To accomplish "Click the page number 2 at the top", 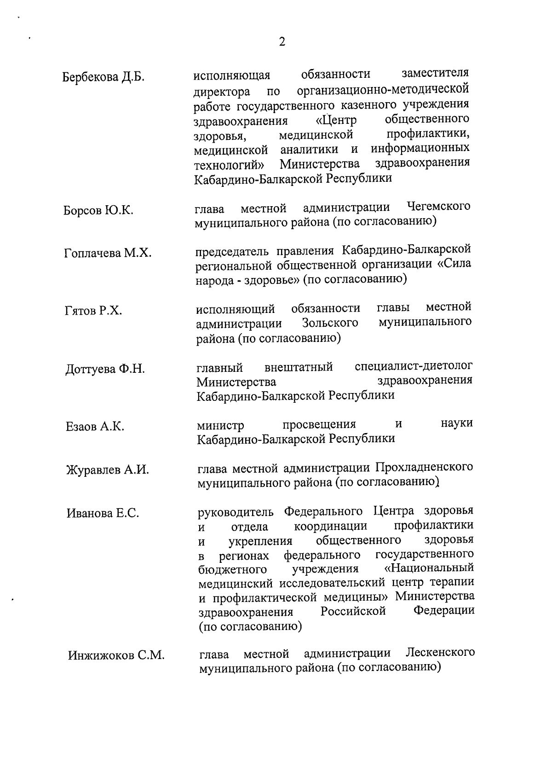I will (282, 42).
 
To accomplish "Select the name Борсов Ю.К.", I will (98, 210).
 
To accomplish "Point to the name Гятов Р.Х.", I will (93, 311).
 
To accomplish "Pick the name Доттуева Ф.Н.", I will (105, 369).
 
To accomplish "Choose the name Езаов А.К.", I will (95, 427).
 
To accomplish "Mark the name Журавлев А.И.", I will (108, 470).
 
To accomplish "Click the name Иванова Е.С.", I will (103, 513).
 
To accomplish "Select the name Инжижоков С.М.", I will (116, 655).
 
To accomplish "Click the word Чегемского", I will (439, 207).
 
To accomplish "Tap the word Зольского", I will (330, 323).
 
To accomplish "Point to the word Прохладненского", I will (424, 468).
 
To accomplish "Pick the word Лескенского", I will (441, 653).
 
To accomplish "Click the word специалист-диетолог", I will (414, 366).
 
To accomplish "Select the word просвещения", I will (319, 424).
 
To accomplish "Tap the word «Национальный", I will (429, 568).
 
